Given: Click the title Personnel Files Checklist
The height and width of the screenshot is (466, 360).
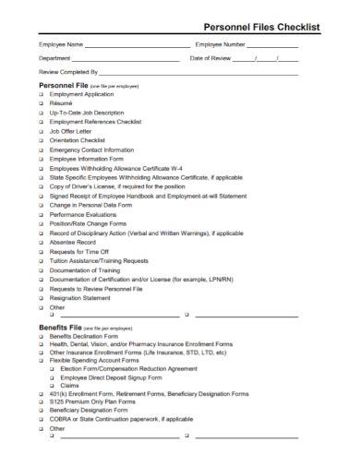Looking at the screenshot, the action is point(268,28).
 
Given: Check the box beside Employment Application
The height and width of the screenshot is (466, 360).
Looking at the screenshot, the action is point(42,93).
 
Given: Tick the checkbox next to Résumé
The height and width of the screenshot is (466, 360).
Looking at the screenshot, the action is point(42,102).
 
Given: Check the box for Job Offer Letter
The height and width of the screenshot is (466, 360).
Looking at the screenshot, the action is point(42,130).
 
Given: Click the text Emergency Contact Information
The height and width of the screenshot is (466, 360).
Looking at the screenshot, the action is point(91,149).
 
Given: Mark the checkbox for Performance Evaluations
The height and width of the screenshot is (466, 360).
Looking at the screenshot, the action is point(42,214).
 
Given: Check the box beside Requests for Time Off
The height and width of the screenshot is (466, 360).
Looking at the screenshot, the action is point(42,251).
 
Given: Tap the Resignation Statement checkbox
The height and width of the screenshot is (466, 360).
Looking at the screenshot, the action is point(42,298).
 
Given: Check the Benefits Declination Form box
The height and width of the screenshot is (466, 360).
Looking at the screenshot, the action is point(42,337).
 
